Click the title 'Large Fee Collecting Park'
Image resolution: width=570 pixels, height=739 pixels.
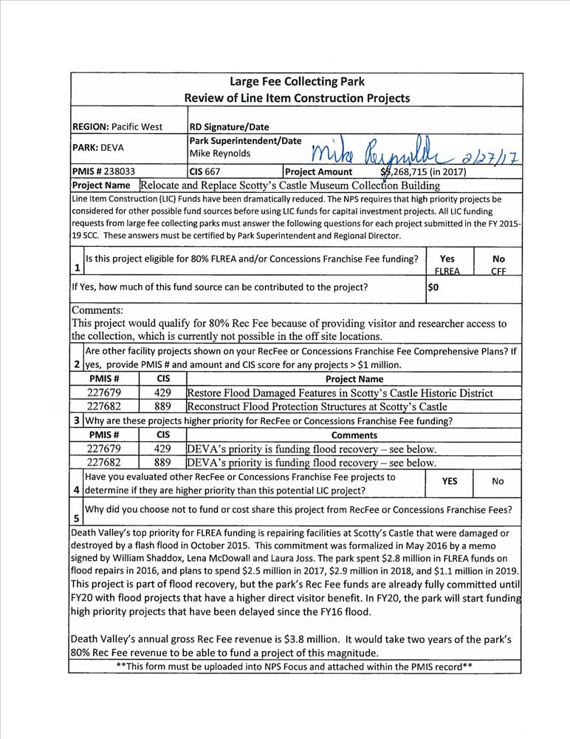pos(297,82)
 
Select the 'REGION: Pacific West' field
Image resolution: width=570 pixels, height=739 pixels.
pos(117,126)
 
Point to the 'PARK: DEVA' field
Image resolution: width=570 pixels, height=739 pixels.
pos(98,147)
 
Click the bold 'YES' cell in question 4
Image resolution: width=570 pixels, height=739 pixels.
pos(449,481)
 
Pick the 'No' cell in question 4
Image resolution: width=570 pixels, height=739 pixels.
pos(498,481)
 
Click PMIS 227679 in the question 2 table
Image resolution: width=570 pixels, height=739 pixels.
pos(104,392)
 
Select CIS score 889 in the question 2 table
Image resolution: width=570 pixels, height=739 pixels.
pos(162,406)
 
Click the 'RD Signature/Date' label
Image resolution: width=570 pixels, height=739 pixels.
pos(230,126)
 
